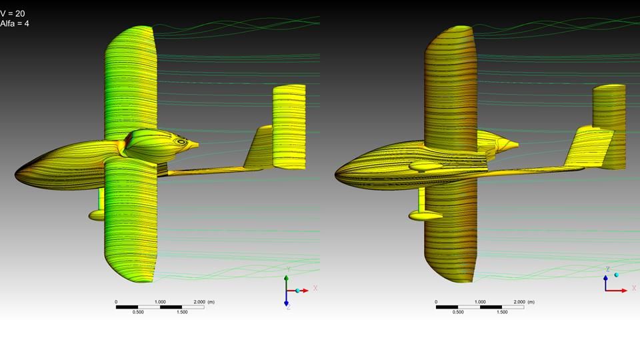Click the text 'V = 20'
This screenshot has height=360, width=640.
13,13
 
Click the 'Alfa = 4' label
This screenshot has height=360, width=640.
15,23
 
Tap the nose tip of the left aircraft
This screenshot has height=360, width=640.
15,175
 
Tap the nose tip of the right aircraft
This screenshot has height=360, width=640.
335,175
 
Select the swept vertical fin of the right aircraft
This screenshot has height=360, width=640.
589,148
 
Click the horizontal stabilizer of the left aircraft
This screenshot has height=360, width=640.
289,127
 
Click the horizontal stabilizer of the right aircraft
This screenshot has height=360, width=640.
609,127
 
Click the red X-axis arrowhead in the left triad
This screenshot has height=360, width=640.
305,291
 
